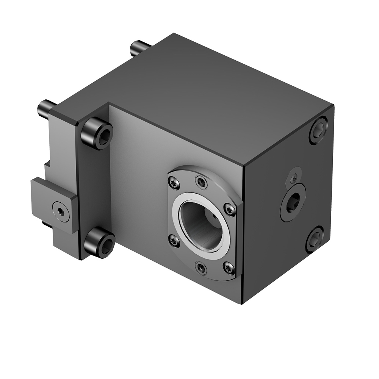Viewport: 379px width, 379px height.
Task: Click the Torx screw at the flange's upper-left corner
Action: (x=174, y=183)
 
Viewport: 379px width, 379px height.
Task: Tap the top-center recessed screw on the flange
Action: (x=201, y=182)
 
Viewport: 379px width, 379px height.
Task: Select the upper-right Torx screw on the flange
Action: (x=229, y=209)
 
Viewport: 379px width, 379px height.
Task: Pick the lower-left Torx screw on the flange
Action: (x=174, y=240)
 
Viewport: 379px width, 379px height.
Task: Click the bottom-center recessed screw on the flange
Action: (x=201, y=268)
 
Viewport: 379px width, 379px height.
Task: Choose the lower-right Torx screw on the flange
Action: (x=229, y=268)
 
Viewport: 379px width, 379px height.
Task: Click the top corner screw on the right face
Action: (x=319, y=131)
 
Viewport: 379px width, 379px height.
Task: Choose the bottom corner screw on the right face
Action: (x=315, y=239)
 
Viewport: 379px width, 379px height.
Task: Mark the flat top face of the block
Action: (x=212, y=95)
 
